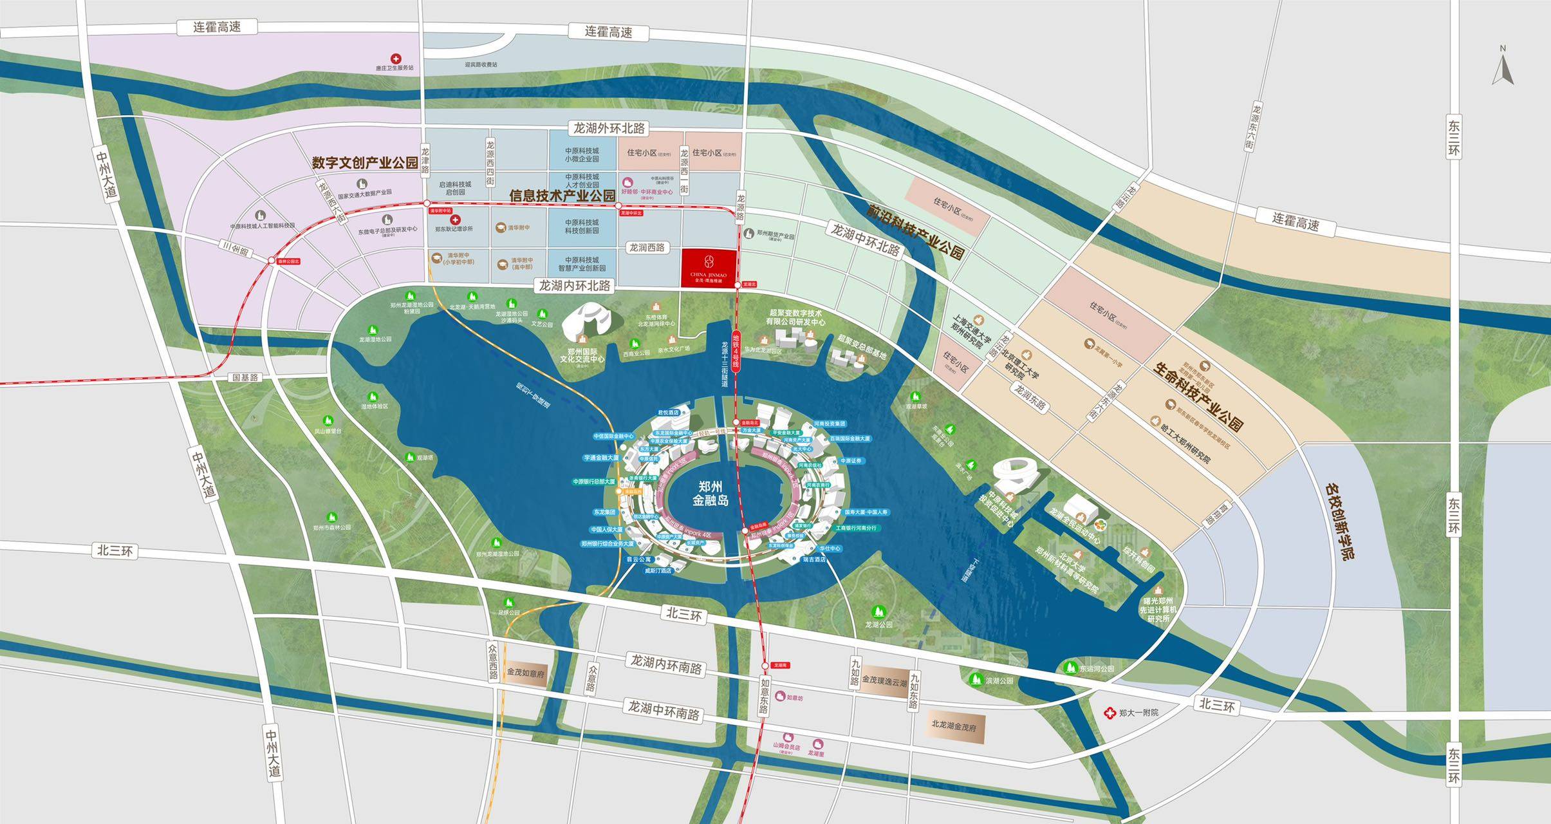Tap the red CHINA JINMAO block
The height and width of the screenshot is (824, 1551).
(708, 267)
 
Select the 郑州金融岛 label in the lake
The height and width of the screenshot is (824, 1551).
(711, 492)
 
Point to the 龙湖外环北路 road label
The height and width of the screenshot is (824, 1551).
(609, 129)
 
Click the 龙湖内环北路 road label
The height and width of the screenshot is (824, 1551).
(574, 285)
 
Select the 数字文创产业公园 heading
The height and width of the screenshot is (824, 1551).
(365, 163)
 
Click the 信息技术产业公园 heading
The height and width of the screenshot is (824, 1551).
(562, 195)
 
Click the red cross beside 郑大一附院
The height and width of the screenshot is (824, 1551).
(1109, 713)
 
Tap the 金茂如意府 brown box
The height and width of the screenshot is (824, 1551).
(526, 673)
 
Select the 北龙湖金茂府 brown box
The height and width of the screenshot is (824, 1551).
(953, 725)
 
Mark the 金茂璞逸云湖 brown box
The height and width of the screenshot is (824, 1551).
(884, 680)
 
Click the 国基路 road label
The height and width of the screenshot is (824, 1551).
(246, 377)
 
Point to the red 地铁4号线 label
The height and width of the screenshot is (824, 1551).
(737, 351)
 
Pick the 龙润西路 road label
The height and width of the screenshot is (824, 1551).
(646, 248)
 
